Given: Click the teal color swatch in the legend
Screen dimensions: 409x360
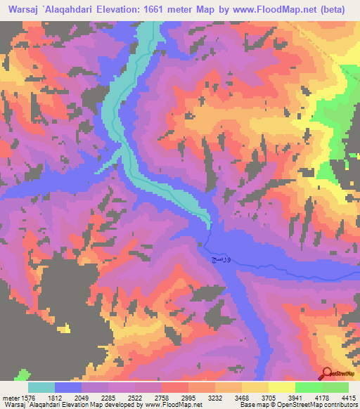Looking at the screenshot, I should click(41, 387).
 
